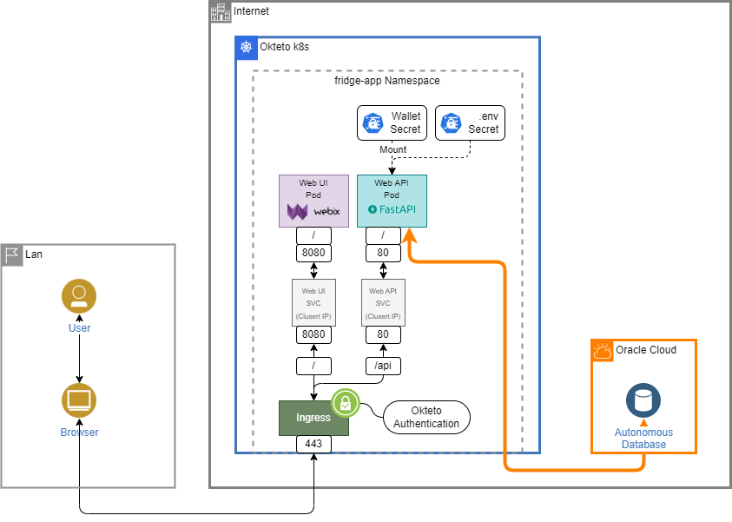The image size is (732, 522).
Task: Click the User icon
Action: pos(79,295)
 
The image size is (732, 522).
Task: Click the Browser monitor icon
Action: pos(79,400)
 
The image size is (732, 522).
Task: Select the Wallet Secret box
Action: pos(392,123)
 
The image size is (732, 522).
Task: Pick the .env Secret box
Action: pos(470,123)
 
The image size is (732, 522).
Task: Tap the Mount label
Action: pos(392,149)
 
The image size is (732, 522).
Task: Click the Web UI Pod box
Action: pos(313,202)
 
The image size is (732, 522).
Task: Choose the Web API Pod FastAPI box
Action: pos(392,202)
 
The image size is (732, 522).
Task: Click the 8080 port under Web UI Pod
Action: pos(313,254)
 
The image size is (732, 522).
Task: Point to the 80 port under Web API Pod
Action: pos(383,254)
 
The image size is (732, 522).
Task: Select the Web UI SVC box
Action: pos(313,302)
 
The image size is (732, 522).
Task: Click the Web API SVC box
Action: pos(383,302)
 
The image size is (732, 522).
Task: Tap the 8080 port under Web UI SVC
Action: pos(313,334)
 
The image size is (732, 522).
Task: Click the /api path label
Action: pos(383,366)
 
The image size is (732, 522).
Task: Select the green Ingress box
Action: pos(313,418)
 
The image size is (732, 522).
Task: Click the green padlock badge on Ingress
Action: pos(346,403)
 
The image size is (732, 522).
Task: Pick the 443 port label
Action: pos(313,444)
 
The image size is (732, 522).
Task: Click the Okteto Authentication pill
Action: pos(426,418)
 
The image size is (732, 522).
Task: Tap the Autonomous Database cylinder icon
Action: pos(643,400)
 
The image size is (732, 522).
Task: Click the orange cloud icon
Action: pos(603,352)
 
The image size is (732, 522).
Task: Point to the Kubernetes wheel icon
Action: pos(247,48)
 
